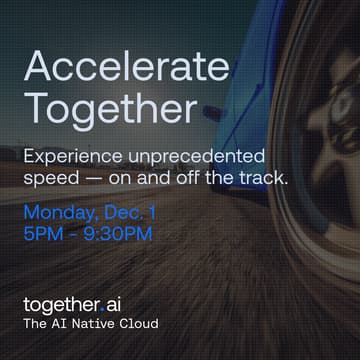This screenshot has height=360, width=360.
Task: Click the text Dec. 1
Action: [135, 213]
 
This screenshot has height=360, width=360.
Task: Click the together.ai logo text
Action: [79, 304]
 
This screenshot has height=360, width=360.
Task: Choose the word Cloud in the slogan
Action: [139, 325]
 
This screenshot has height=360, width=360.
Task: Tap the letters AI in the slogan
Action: [63, 325]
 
